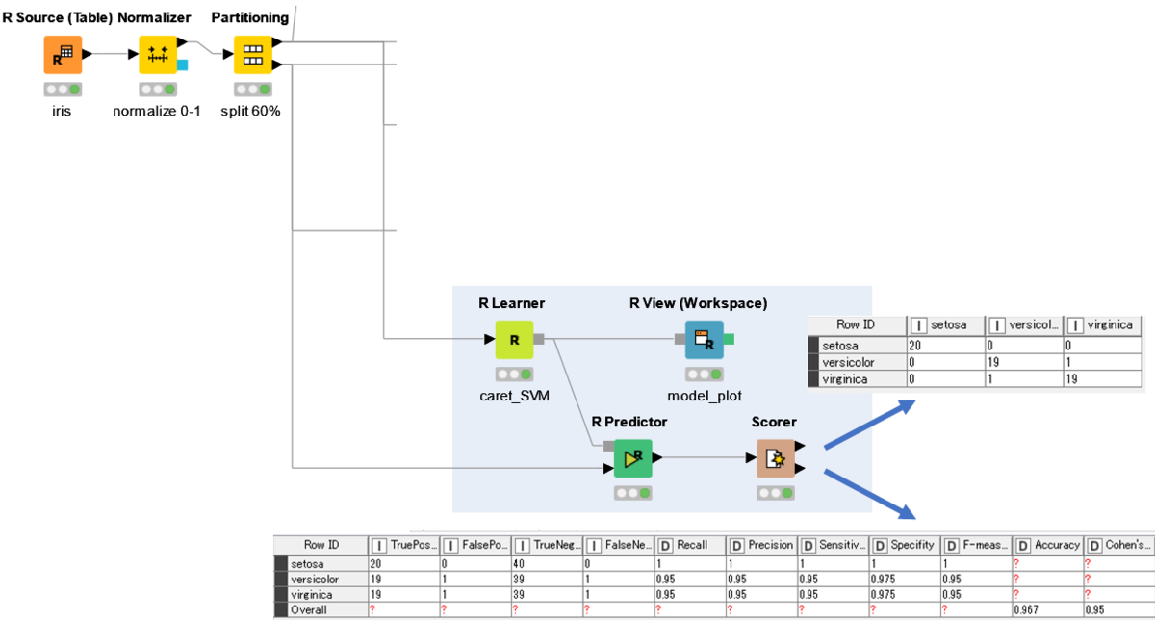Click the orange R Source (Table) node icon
[x=63, y=55]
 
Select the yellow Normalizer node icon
[x=158, y=55]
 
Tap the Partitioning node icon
[x=253, y=55]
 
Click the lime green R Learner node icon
[x=514, y=340]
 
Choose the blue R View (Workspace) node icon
[x=704, y=340]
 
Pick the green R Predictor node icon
[x=632, y=459]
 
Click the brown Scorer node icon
[x=775, y=459]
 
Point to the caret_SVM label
[x=514, y=396]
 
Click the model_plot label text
[x=704, y=396]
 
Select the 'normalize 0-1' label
[x=157, y=111]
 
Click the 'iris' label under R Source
[x=63, y=111]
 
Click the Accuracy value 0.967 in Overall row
[x=1026, y=609]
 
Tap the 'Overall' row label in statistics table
[x=309, y=609]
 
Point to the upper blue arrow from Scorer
[x=865, y=424]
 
